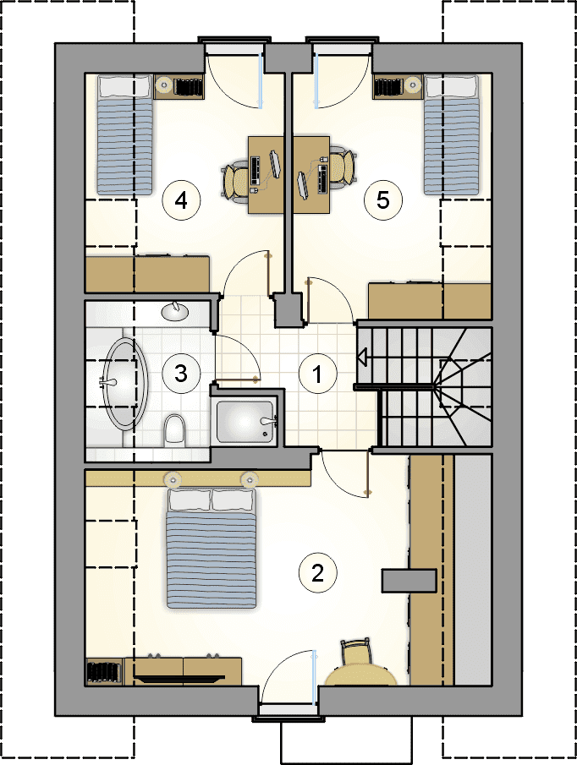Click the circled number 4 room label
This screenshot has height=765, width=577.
point(182,200)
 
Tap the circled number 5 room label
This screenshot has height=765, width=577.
point(383,199)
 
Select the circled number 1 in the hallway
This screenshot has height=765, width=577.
point(317,374)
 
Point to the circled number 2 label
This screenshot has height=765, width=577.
point(318,573)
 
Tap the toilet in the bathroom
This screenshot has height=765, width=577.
point(174,429)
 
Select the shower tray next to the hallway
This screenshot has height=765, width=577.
point(245,421)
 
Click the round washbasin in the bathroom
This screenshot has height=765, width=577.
point(174,311)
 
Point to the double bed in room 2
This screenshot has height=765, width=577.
point(212,548)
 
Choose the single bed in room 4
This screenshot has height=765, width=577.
point(125,134)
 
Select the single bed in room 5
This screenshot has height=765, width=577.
point(452,134)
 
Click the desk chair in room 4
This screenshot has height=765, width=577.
point(237,181)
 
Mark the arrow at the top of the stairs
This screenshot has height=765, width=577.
point(363,357)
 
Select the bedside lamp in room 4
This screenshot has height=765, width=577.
point(165,85)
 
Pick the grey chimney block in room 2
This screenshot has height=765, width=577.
point(409,581)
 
